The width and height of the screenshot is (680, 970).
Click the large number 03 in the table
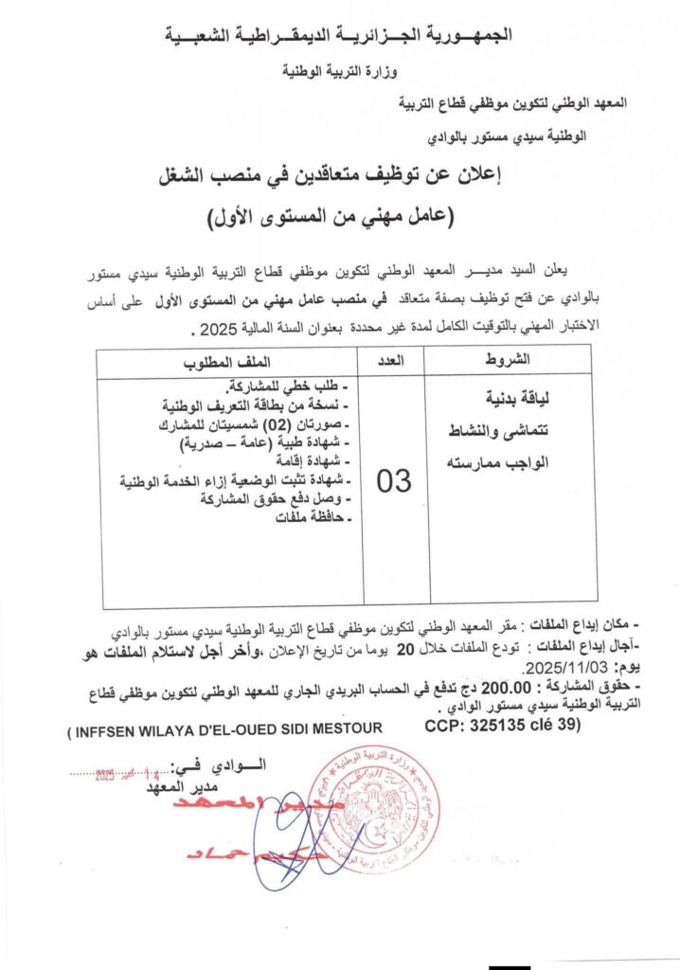(x=394, y=481)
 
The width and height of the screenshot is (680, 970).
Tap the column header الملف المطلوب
(x=227, y=360)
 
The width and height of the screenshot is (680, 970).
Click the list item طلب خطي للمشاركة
(x=289, y=386)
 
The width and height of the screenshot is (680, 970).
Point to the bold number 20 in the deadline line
(x=405, y=649)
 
